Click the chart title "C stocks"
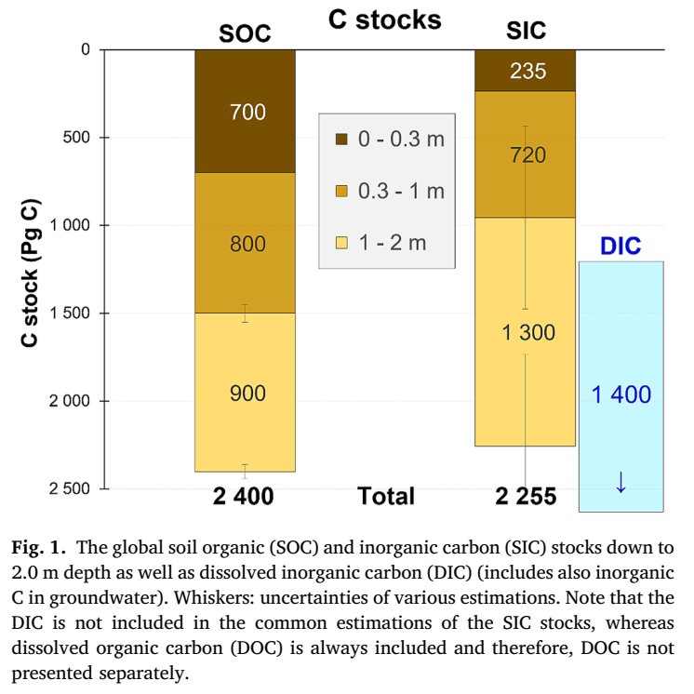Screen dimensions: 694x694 click(x=384, y=20)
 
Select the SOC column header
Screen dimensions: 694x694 click(x=245, y=33)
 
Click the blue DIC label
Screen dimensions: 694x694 click(x=621, y=247)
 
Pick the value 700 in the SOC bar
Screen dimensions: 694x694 click(x=247, y=113)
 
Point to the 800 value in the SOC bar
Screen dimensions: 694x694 click(x=247, y=245)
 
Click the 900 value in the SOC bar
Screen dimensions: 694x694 click(x=247, y=394)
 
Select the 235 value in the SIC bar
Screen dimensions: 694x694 click(x=527, y=72)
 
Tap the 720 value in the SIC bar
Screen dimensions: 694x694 click(x=527, y=155)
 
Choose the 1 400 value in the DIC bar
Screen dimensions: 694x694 click(x=621, y=394)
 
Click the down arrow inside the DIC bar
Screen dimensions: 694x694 click(x=621, y=481)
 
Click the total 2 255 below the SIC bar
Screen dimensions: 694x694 click(x=526, y=497)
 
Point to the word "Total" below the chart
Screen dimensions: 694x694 click(x=386, y=497)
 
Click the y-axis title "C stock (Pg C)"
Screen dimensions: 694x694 click(x=30, y=271)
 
